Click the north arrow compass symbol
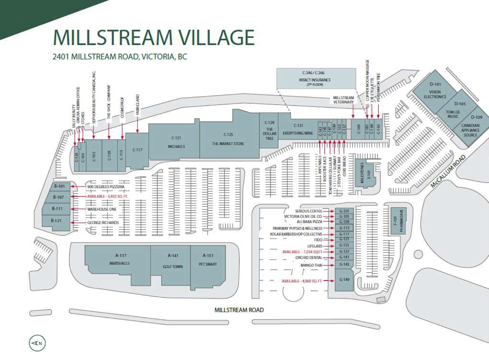[x=37, y=343]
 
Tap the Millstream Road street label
[x=239, y=310]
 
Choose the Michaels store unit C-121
[x=176, y=142]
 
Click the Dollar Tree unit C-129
[x=269, y=130]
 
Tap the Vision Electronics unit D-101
[x=435, y=91]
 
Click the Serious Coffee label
[x=309, y=211]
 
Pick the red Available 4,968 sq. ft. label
[x=302, y=281]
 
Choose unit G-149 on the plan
[x=344, y=280]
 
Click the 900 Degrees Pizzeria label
[x=106, y=187]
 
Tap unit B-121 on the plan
[x=56, y=221]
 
